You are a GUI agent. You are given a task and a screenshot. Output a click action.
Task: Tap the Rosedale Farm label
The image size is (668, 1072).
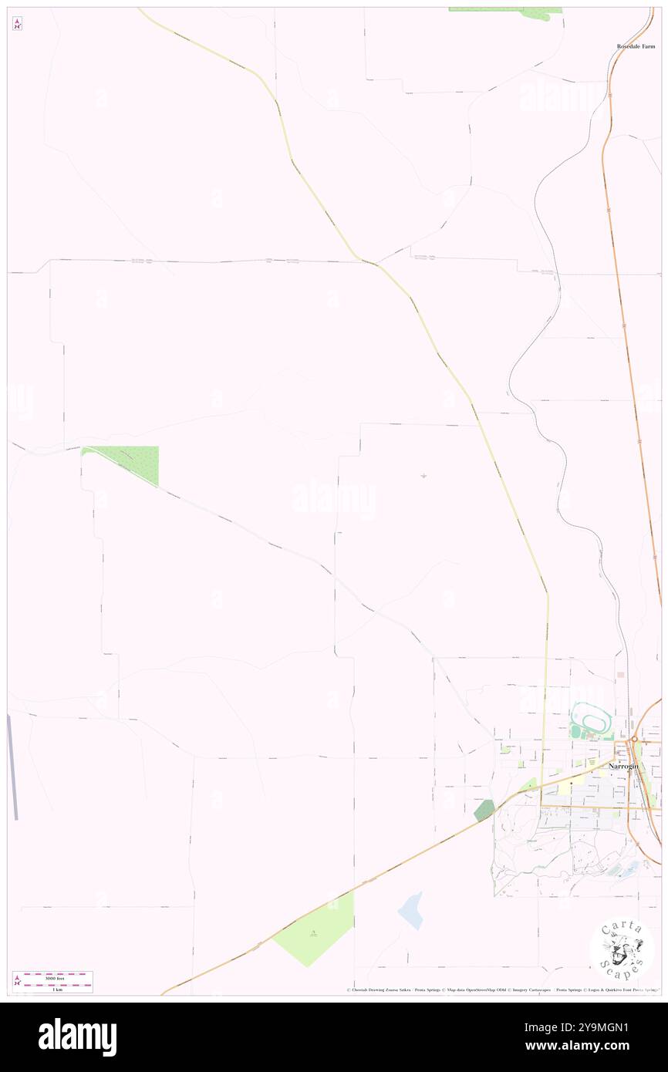pos(635,46)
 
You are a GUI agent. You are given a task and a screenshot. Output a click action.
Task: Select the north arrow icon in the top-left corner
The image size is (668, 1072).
pos(18,23)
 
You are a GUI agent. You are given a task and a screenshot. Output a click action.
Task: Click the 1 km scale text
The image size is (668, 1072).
pos(52,988)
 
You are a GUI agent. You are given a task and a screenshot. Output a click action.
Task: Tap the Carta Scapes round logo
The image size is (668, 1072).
pos(622,949)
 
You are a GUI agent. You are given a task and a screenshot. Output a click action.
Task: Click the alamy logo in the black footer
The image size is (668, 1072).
pos(77,1036)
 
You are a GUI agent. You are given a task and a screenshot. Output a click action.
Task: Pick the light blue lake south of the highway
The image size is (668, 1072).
pos(411,910)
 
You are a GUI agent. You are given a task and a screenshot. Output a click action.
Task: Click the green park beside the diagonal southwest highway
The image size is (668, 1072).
pos(315,929)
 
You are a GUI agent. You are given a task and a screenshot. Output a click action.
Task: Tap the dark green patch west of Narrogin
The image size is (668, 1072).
pos(484,809)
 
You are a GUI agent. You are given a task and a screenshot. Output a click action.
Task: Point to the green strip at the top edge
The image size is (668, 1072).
pos(505,12)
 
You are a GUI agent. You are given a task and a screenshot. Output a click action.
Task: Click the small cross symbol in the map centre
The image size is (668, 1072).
pos(423,476)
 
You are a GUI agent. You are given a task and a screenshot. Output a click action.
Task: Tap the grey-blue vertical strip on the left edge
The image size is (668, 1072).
pos(12,767)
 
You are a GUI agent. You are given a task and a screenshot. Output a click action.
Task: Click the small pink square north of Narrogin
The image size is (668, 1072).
pos(620,675)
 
